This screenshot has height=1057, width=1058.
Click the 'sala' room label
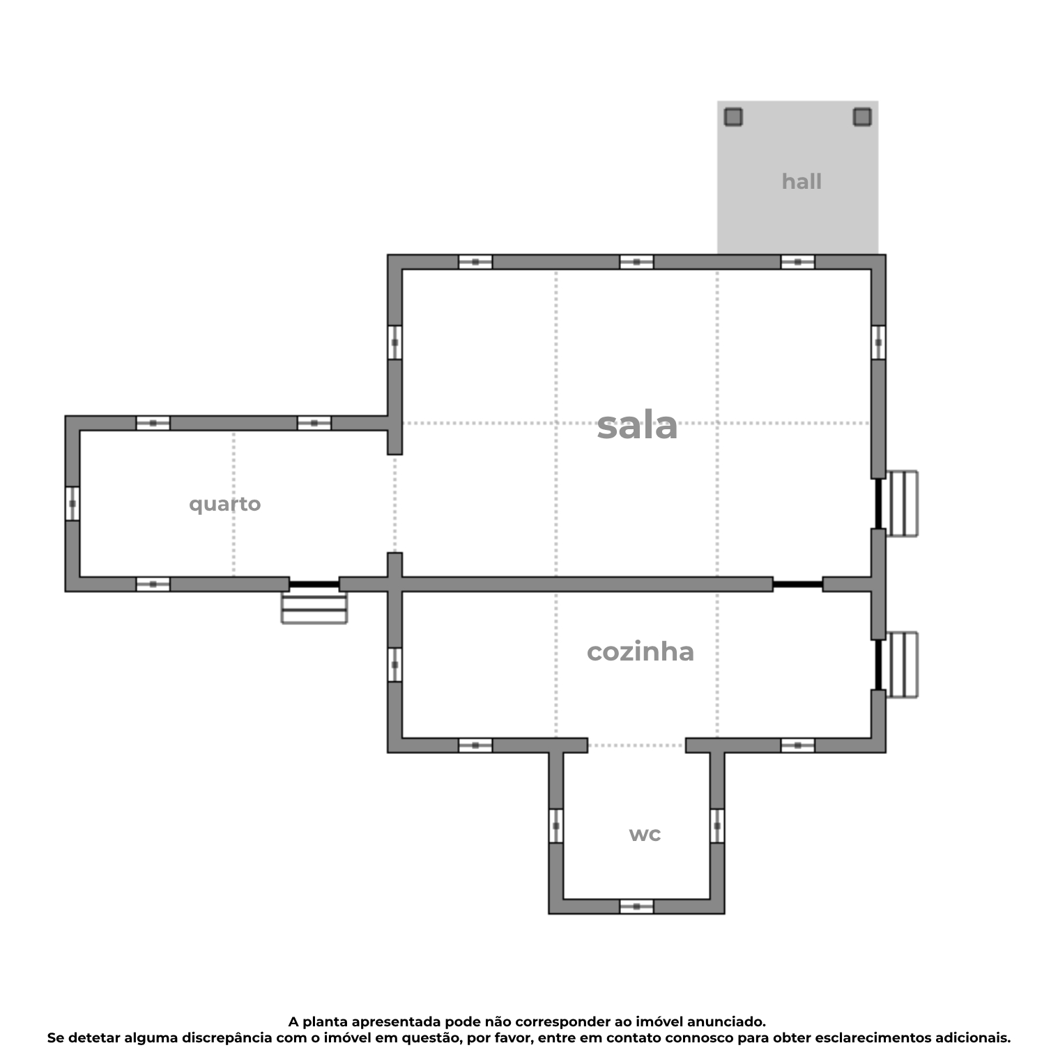pyautogui.click(x=637, y=425)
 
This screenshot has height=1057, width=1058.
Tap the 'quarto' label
pyautogui.click(x=224, y=504)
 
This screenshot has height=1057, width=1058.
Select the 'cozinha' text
pyautogui.click(x=640, y=651)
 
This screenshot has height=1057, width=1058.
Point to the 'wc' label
pyautogui.click(x=645, y=833)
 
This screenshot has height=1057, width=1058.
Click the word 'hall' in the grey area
pyautogui.click(x=801, y=181)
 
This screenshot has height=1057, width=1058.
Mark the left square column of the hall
pyautogui.click(x=733, y=117)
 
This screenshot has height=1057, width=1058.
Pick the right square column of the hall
pyautogui.click(x=861, y=117)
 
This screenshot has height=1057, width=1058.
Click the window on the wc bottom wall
pyautogui.click(x=636, y=906)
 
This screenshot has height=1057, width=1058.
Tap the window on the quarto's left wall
pyautogui.click(x=72, y=503)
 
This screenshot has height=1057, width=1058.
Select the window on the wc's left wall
pyautogui.click(x=555, y=826)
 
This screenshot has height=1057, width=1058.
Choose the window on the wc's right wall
pyautogui.click(x=717, y=826)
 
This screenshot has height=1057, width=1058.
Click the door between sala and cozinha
pyautogui.click(x=797, y=584)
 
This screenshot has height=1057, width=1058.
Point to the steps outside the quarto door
pyautogui.click(x=314, y=608)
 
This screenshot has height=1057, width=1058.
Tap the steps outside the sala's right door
pyautogui.click(x=902, y=504)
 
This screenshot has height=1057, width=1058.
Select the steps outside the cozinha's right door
pyautogui.click(x=902, y=665)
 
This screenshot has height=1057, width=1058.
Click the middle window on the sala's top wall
pyautogui.click(x=636, y=262)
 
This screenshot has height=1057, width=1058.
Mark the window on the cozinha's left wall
pyautogui.click(x=394, y=665)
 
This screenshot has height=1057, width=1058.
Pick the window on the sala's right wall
pyautogui.click(x=878, y=342)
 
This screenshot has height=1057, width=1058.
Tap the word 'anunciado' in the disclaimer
pyautogui.click(x=725, y=1021)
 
